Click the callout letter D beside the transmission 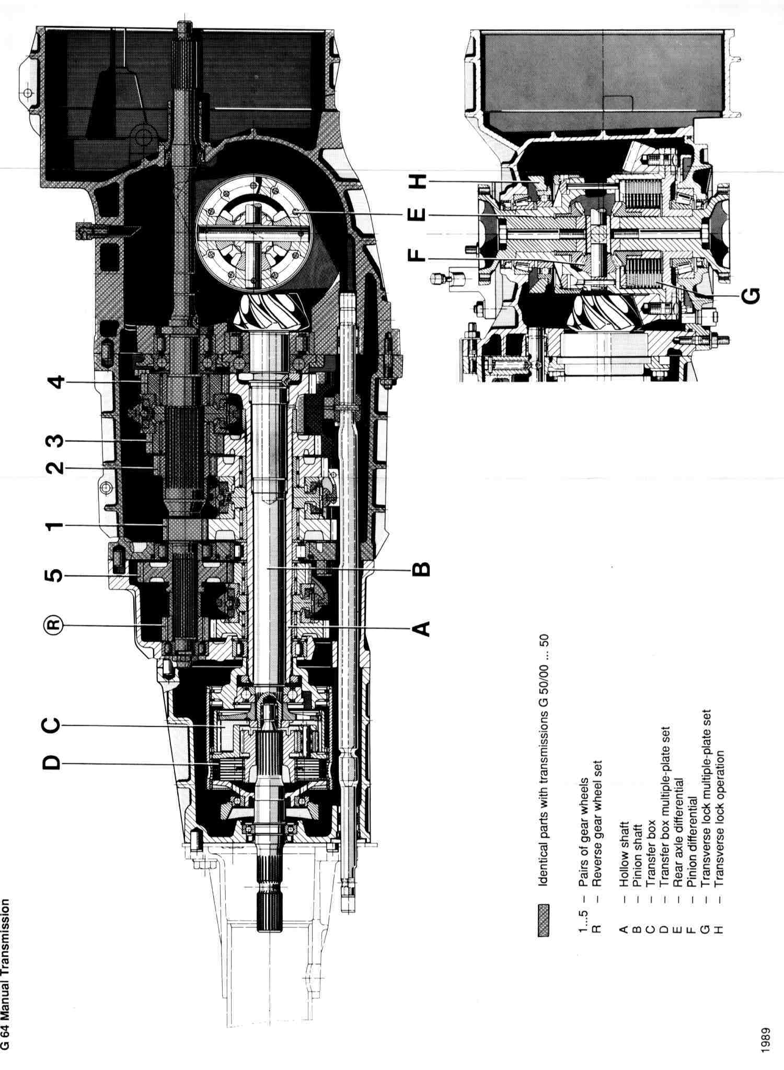coord(51,764)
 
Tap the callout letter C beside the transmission coord(51,725)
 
